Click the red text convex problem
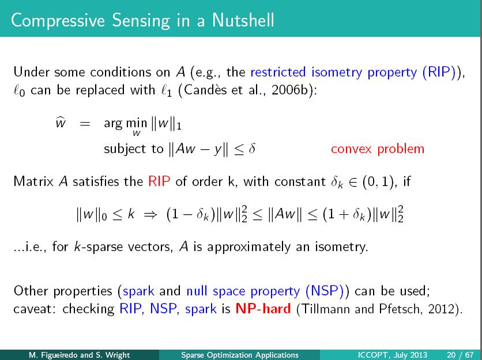point(378,149)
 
